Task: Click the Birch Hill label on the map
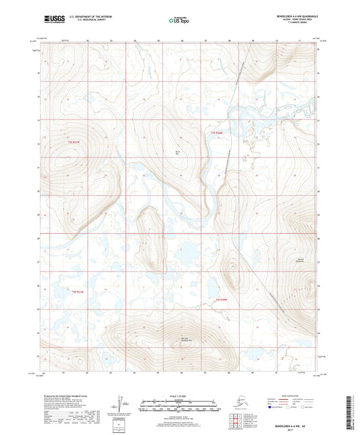click(178, 153)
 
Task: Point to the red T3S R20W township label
click(216, 134)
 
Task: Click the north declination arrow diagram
click(120, 403)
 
